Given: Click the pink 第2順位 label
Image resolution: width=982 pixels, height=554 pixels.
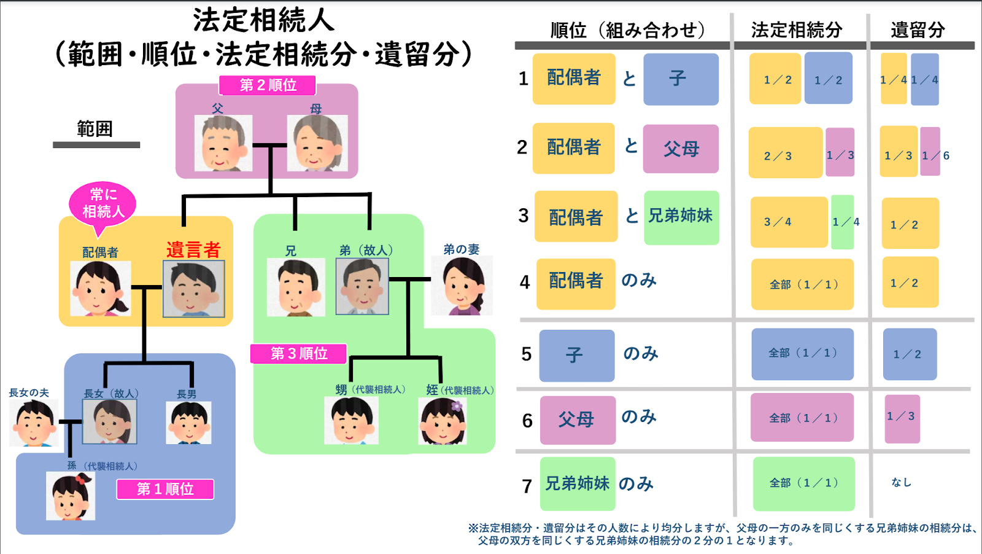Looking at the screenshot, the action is [x=268, y=85].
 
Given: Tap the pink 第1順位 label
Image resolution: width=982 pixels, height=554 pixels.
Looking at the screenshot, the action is [x=165, y=489].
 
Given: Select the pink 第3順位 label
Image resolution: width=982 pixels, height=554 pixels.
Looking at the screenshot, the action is [x=298, y=354].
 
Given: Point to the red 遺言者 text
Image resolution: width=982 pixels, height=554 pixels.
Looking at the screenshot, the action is [x=193, y=249].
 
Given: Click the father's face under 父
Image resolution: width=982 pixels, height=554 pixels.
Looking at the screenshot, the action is [x=223, y=143].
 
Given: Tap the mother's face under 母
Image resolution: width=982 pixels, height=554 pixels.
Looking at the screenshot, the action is [x=317, y=143].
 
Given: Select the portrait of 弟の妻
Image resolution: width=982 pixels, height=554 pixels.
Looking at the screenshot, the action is [x=462, y=286].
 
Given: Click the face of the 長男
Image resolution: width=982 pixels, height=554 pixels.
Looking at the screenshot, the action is [x=188, y=423].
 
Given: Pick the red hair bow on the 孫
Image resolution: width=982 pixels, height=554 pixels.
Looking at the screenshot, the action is [x=80, y=478].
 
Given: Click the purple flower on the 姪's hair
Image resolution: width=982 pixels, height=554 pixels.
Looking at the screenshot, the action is [x=457, y=406].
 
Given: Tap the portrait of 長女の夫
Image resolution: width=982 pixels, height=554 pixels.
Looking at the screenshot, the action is [x=34, y=423].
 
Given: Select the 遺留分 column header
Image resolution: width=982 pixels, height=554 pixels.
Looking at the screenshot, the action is [x=918, y=30].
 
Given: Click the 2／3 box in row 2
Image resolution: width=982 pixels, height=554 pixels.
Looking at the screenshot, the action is [x=786, y=152].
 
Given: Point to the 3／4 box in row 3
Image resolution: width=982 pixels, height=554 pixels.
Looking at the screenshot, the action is [x=789, y=222].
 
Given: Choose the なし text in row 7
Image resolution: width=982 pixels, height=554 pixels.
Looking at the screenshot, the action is [x=902, y=483].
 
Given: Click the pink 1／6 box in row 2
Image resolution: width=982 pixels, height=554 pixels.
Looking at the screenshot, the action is [x=930, y=151].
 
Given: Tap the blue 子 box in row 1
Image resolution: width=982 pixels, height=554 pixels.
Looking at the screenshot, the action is [x=681, y=79].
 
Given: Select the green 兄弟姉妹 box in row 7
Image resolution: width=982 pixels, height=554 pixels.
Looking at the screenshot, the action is [x=578, y=484].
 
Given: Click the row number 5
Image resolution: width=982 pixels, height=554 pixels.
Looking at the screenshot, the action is [x=527, y=354].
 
